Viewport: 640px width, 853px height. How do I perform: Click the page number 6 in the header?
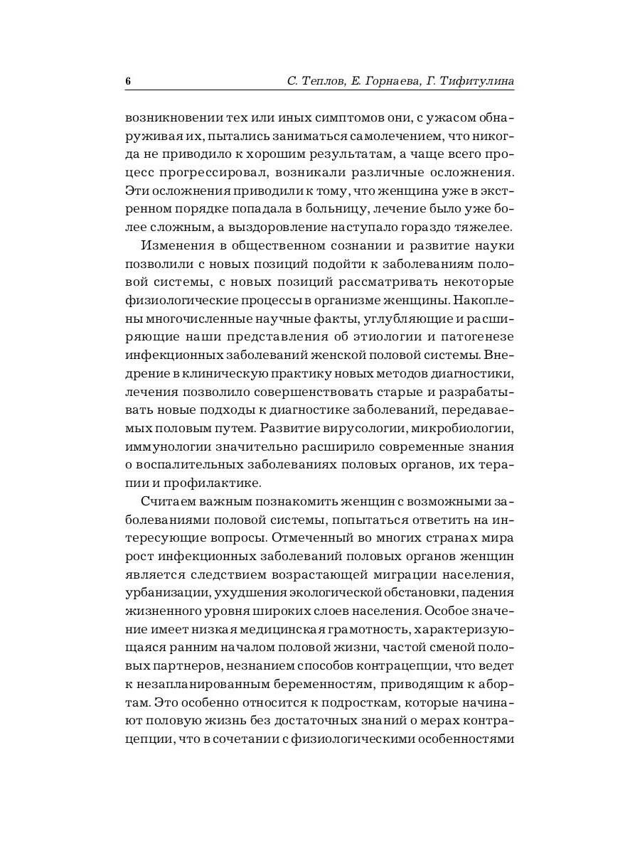128,82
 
